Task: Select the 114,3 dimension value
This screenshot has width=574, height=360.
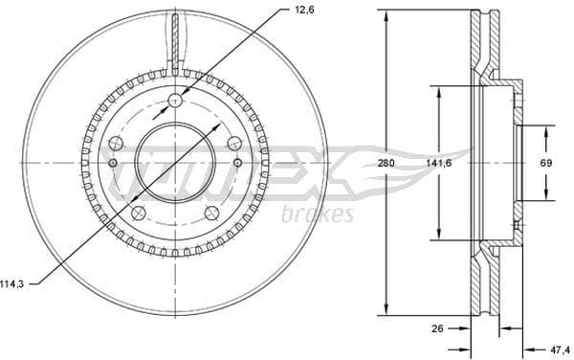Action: [x=11, y=282]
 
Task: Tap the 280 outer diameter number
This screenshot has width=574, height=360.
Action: [x=386, y=163]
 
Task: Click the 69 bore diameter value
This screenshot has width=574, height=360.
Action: [x=545, y=163]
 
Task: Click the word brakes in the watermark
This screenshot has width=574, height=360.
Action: [x=319, y=214]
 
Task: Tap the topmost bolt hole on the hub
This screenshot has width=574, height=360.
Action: [x=175, y=101]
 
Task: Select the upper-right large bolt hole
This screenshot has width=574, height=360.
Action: [x=234, y=144]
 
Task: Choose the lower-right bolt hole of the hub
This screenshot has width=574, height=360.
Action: [x=211, y=212]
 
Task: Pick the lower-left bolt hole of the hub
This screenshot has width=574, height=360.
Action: [x=139, y=212]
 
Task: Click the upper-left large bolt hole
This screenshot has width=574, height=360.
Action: [x=116, y=144]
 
